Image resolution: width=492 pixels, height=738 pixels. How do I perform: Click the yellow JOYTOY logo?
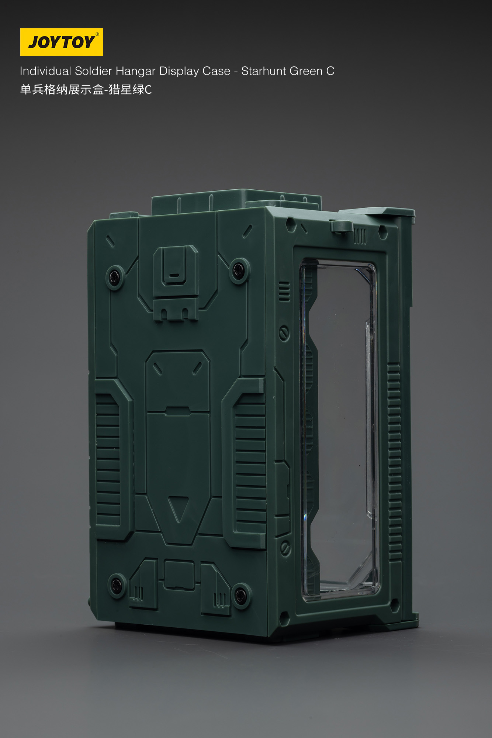click(x=62, y=42)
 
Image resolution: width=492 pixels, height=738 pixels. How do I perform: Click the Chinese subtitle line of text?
click(x=86, y=90)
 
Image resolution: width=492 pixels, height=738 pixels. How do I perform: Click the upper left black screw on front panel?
click(x=115, y=277)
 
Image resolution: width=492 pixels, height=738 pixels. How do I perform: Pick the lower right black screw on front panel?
click(x=241, y=594)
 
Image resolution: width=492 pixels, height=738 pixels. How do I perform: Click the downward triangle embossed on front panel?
click(x=179, y=508)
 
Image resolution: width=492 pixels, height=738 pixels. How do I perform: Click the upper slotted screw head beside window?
click(x=284, y=333)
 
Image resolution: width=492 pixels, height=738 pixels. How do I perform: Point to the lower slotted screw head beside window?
click(x=285, y=549)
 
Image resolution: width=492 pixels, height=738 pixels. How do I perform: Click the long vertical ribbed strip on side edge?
click(x=394, y=461)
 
